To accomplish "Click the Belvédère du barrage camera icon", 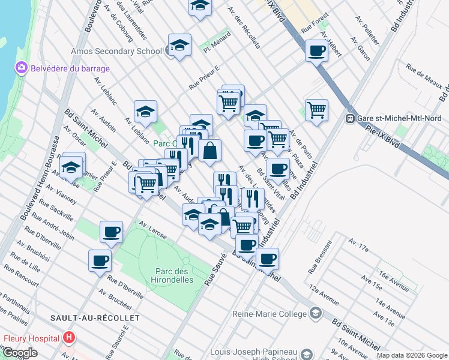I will click(x=22, y=68).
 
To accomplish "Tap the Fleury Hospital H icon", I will click(x=69, y=338).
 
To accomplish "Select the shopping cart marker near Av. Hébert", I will click(x=316, y=110).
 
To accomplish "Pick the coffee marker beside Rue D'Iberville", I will click(x=100, y=260).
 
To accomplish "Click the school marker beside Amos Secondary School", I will click(x=179, y=45).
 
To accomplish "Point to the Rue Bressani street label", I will click(x=320, y=257).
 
